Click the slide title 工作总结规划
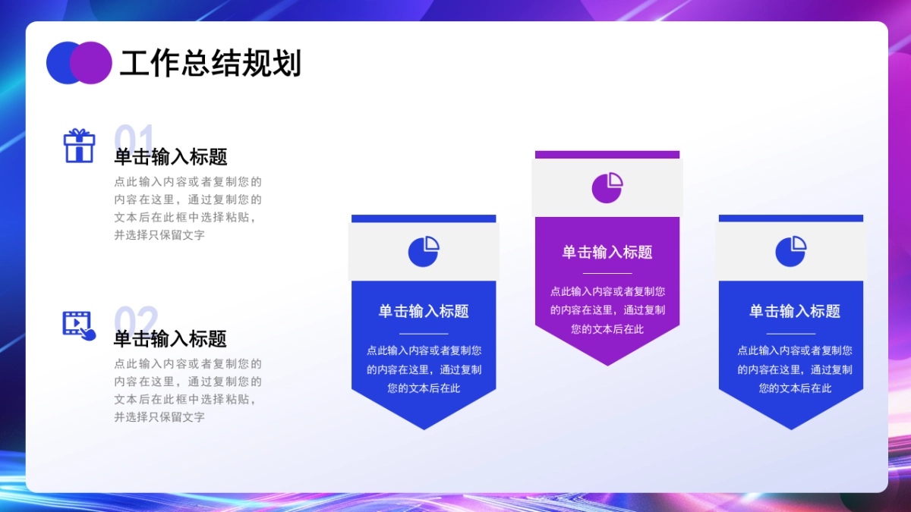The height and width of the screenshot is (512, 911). tap(210, 64)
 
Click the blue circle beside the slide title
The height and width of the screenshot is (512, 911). tap(61, 62)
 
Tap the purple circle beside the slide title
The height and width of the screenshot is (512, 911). tap(95, 62)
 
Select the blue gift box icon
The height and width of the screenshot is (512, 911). tap(79, 146)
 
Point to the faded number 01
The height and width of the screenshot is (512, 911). tap(134, 138)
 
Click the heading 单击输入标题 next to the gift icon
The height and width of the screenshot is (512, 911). tap(171, 157)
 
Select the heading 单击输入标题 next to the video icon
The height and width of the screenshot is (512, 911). tap(171, 338)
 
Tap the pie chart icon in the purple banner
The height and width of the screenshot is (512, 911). tap(607, 187)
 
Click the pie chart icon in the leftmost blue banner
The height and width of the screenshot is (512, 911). tap(424, 251)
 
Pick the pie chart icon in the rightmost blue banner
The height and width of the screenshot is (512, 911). tap(791, 251)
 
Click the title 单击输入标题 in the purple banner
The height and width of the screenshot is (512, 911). tap(607, 252)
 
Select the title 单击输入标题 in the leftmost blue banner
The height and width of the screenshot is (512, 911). tap(424, 311)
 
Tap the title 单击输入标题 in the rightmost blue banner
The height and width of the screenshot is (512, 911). tap(794, 311)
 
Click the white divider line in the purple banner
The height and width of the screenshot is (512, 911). tap(607, 273)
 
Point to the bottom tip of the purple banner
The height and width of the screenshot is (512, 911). tap(607, 363)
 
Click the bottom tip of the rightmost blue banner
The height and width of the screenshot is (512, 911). tap(791, 426)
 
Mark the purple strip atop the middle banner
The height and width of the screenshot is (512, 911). tap(607, 155)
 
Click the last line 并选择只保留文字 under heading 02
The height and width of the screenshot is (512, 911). tap(159, 417)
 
